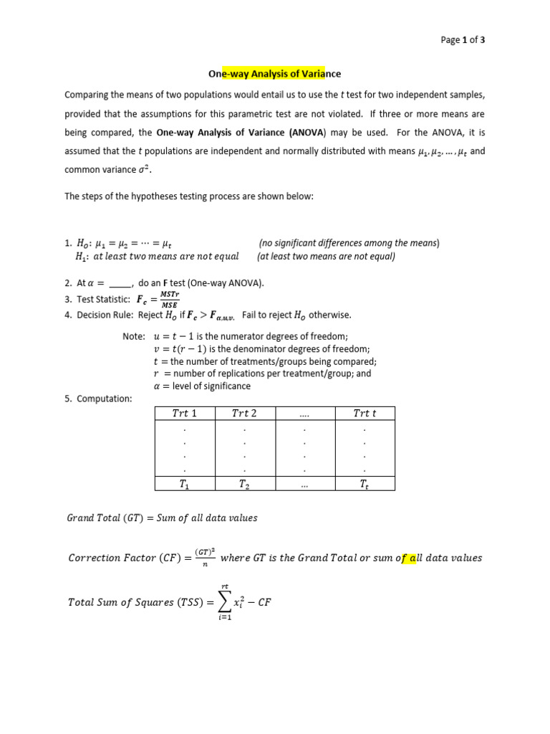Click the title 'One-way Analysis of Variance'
click(274, 73)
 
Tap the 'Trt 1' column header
click(185, 413)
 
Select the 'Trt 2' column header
click(244, 413)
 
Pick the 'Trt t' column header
click(365, 413)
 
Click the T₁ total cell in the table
click(185, 485)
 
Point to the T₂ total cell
click(244, 485)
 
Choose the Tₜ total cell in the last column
click(365, 485)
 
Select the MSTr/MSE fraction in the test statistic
click(170, 299)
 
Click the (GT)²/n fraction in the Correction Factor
click(202, 558)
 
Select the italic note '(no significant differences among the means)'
click(349, 243)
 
